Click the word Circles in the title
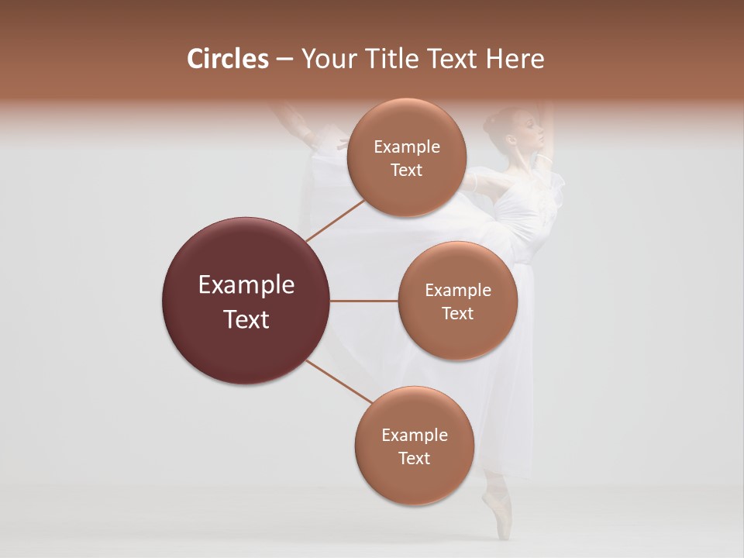228,59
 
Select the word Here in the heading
515,59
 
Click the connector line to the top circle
335,220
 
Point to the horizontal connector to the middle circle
364,301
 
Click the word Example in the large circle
246,285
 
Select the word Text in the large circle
246,319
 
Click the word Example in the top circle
406,147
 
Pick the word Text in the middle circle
457,314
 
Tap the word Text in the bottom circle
414,458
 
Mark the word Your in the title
326,59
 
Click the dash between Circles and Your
284,60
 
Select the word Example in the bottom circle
414,435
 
